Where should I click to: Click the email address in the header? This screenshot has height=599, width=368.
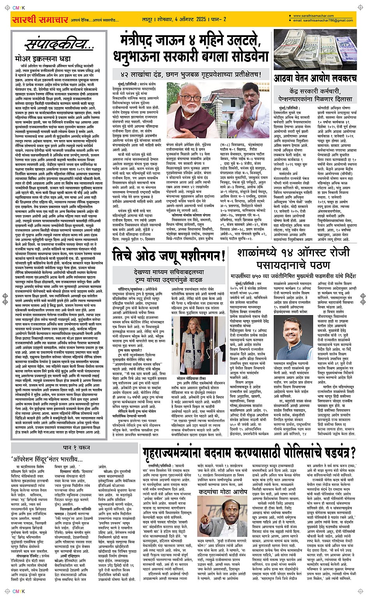[x=323, y=20]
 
